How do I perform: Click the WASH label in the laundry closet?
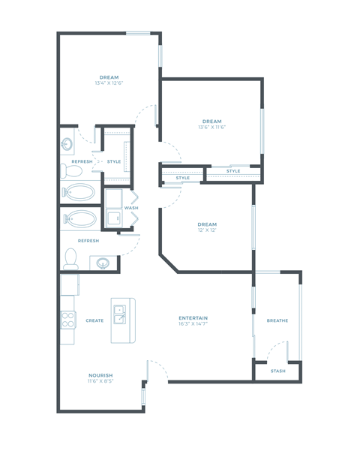coord(120,208)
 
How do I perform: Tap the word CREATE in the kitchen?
coord(94,320)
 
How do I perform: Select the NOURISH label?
coord(100,375)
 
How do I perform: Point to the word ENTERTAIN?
coord(193,318)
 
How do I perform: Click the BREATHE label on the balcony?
coord(277,320)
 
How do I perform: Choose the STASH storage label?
coord(277,371)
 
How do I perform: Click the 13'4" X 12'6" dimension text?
coord(109,83)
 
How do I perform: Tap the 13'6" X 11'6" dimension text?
coord(211,128)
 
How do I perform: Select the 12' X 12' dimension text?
coord(207,230)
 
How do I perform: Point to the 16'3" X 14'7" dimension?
coord(193,324)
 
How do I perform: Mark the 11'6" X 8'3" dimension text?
coord(100,381)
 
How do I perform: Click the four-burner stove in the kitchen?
coord(68,320)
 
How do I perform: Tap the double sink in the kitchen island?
coord(119,314)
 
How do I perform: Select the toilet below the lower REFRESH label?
coord(71,258)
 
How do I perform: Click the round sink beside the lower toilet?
coord(103,263)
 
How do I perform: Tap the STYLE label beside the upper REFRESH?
coord(114,161)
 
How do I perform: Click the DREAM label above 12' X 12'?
coord(207,224)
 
